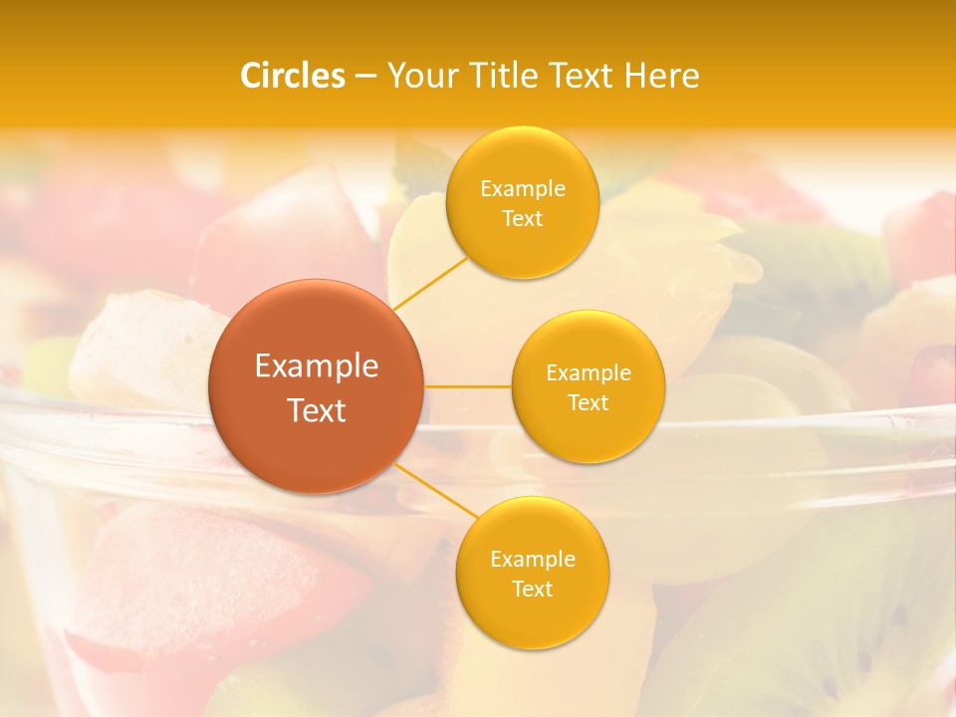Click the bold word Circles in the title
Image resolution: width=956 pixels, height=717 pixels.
(293, 76)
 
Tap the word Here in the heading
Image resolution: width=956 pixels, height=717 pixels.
(661, 76)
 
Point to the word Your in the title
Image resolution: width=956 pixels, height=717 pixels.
(418, 76)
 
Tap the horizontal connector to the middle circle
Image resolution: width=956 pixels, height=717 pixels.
(467, 385)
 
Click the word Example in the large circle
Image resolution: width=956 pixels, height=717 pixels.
(317, 366)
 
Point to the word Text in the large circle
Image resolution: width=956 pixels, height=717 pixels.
(317, 410)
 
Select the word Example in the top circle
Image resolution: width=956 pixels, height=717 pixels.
(522, 189)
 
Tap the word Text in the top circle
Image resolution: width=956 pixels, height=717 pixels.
(522, 219)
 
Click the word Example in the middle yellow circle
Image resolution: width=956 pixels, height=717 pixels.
(589, 373)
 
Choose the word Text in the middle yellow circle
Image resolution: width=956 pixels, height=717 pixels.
(589, 403)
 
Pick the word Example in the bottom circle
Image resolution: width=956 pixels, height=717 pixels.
(533, 560)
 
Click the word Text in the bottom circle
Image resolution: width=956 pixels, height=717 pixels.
(533, 590)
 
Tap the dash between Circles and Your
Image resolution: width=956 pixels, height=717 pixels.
(364, 76)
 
